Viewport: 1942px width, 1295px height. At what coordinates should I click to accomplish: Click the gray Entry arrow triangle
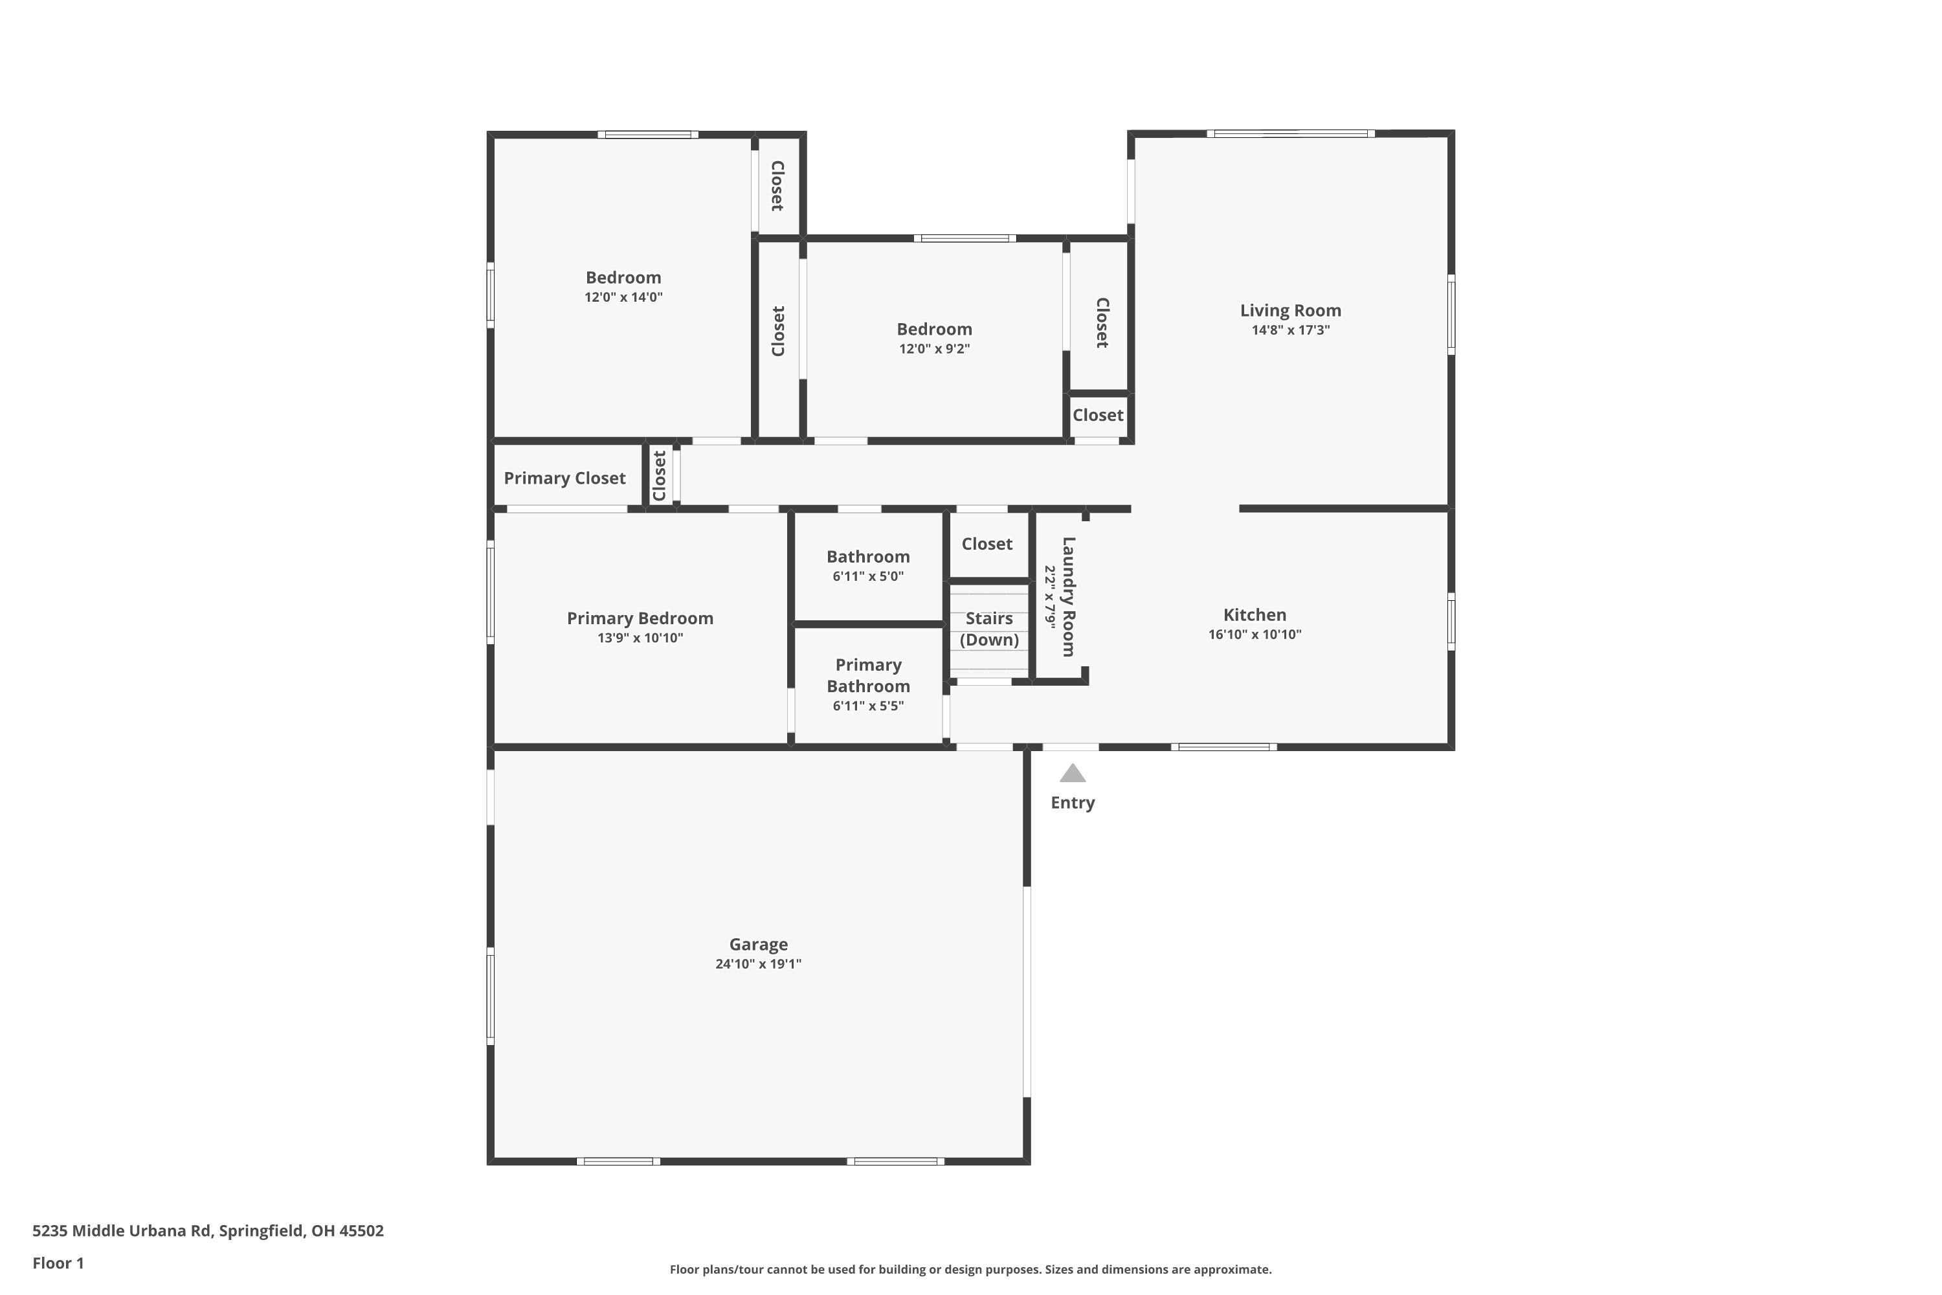tap(1072, 774)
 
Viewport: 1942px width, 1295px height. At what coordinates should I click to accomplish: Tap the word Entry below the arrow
tap(1072, 803)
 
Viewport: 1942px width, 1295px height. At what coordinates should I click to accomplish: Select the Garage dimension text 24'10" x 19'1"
tap(758, 964)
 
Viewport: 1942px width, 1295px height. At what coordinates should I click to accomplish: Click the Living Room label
tap(1289, 311)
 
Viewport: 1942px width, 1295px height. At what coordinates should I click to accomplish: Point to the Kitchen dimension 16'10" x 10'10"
tap(1255, 635)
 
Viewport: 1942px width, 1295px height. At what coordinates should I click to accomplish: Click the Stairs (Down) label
tap(988, 629)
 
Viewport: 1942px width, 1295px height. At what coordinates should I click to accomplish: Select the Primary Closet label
tap(564, 479)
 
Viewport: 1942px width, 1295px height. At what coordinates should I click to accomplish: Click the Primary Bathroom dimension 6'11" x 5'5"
tap(868, 706)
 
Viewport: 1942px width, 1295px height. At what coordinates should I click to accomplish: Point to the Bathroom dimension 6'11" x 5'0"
tap(868, 576)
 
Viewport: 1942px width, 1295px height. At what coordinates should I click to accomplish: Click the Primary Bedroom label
tap(640, 618)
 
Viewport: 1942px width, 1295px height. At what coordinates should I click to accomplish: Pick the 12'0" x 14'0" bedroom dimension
tap(623, 297)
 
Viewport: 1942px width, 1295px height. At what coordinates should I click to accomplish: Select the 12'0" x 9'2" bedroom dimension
tap(934, 348)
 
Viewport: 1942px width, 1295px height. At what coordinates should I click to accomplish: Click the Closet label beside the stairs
tap(987, 543)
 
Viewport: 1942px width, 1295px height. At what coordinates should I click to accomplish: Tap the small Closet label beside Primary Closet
tap(659, 476)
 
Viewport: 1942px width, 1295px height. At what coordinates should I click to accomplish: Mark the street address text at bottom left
tap(208, 1231)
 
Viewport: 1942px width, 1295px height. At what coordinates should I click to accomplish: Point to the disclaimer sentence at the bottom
tap(970, 1269)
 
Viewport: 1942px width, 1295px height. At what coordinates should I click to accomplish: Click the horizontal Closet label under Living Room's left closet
tap(1097, 416)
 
